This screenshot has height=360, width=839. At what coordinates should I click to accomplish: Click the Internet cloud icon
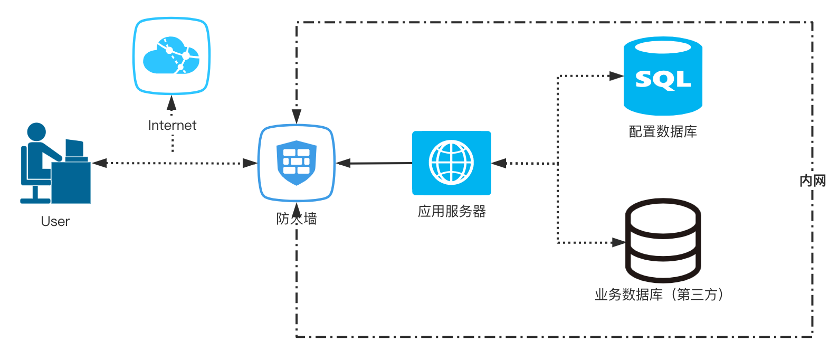coord(171,56)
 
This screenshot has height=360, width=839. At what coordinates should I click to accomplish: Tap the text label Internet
coord(172,125)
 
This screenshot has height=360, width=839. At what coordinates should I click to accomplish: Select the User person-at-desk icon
coord(55,164)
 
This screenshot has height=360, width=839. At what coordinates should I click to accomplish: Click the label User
coord(55,221)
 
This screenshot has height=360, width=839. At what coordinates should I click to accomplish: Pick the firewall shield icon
coord(297,163)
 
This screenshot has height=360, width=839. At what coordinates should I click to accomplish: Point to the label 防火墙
coord(297,219)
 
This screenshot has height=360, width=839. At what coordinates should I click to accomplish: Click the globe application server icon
coord(452,163)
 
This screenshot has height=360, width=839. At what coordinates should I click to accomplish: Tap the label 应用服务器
coord(452,212)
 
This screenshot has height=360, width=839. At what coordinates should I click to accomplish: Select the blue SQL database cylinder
coord(663,76)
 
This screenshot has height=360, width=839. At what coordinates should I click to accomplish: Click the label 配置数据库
coord(663,131)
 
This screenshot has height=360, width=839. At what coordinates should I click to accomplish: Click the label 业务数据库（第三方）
coord(660,295)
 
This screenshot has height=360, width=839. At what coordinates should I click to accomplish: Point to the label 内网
coord(813,181)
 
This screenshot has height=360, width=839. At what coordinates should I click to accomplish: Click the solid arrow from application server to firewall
coord(375,163)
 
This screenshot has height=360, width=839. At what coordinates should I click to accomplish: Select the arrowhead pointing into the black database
coord(618,243)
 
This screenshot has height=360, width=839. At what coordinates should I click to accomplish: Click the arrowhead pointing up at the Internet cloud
coord(171,102)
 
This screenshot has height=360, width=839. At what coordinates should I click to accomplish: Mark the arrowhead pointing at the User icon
coord(99,163)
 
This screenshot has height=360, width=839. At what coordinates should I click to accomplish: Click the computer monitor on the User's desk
coord(75,148)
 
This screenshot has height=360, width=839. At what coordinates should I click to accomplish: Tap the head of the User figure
coord(36,131)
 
